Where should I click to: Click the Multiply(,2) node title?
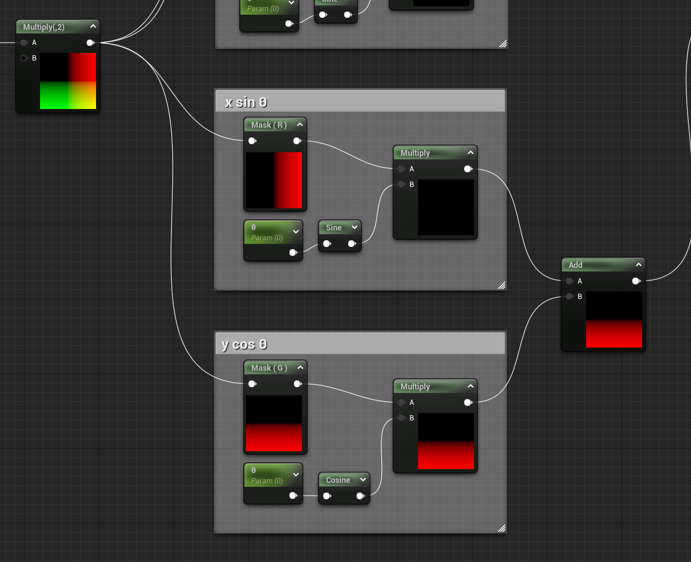click(44, 27)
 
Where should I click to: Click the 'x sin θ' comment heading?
click(246, 102)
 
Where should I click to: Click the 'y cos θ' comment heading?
click(244, 344)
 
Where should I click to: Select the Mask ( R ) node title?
click(269, 125)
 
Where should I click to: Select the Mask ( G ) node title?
click(269, 368)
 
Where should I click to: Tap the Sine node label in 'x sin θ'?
click(333, 228)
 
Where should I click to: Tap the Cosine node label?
click(337, 480)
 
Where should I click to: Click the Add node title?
click(575, 265)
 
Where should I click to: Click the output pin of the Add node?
click(636, 281)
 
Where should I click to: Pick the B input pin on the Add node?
click(569, 296)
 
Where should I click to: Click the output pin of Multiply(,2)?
click(90, 43)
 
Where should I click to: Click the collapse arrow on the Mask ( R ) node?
click(300, 125)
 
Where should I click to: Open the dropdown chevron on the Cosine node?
click(363, 480)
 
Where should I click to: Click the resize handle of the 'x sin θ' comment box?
click(502, 285)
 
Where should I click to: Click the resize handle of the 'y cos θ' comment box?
click(502, 528)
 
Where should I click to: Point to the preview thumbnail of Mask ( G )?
click(274, 423)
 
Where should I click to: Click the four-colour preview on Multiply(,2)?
click(68, 81)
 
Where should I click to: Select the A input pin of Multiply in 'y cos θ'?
click(401, 403)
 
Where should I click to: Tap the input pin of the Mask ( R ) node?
click(252, 141)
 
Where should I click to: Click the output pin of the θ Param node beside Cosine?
click(293, 496)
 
